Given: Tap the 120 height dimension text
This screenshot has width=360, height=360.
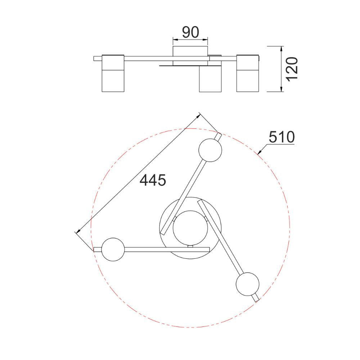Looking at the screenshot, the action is (292, 69).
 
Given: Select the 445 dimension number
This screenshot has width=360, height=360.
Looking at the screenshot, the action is (153, 180).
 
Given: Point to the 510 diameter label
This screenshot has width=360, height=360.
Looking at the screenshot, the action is (282, 137).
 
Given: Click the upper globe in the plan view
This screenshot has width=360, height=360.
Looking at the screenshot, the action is (210, 150).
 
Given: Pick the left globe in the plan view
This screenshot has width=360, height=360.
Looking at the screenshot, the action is (113, 249).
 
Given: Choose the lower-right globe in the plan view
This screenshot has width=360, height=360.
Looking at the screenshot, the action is (248, 284).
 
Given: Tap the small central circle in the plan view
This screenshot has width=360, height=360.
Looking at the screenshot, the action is (190, 228).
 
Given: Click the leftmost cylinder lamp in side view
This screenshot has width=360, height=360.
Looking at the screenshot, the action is (113, 73).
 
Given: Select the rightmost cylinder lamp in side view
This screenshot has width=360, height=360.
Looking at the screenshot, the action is (248, 73).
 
